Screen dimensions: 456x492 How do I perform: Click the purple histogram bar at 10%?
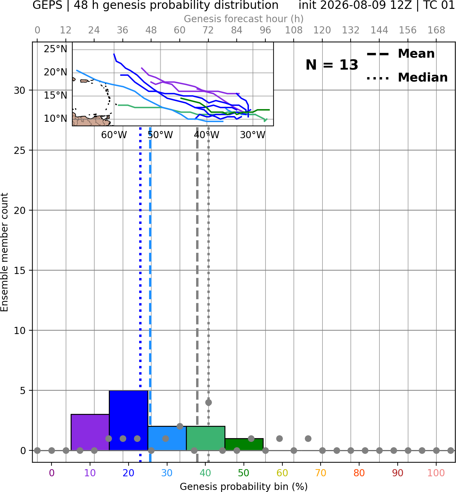[90, 432]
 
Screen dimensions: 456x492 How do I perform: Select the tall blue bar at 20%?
[129, 420]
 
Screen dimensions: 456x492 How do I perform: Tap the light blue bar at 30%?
[167, 438]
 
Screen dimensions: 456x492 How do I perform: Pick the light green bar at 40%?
[206, 438]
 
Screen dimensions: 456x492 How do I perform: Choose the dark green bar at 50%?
[244, 444]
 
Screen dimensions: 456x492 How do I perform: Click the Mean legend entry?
[400, 54]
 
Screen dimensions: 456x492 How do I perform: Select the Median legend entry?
[407, 77]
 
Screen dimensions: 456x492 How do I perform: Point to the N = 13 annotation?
[332, 65]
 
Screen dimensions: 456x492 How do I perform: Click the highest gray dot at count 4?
[208, 402]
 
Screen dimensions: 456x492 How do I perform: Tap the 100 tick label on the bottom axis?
[436, 473]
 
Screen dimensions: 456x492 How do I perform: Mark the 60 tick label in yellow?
[282, 473]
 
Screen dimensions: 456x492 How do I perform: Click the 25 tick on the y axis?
[19, 150]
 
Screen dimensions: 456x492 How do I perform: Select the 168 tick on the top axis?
[436, 30]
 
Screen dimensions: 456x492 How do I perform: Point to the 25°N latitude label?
[56, 49]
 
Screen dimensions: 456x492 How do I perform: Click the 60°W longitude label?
[114, 135]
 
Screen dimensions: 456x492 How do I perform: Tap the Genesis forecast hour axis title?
[244, 19]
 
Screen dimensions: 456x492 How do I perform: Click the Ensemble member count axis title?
[4, 252]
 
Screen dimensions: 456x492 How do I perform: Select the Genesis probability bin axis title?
[244, 487]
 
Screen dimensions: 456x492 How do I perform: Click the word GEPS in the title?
[47, 5]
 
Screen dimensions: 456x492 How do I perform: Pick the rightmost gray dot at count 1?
[308, 438]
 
